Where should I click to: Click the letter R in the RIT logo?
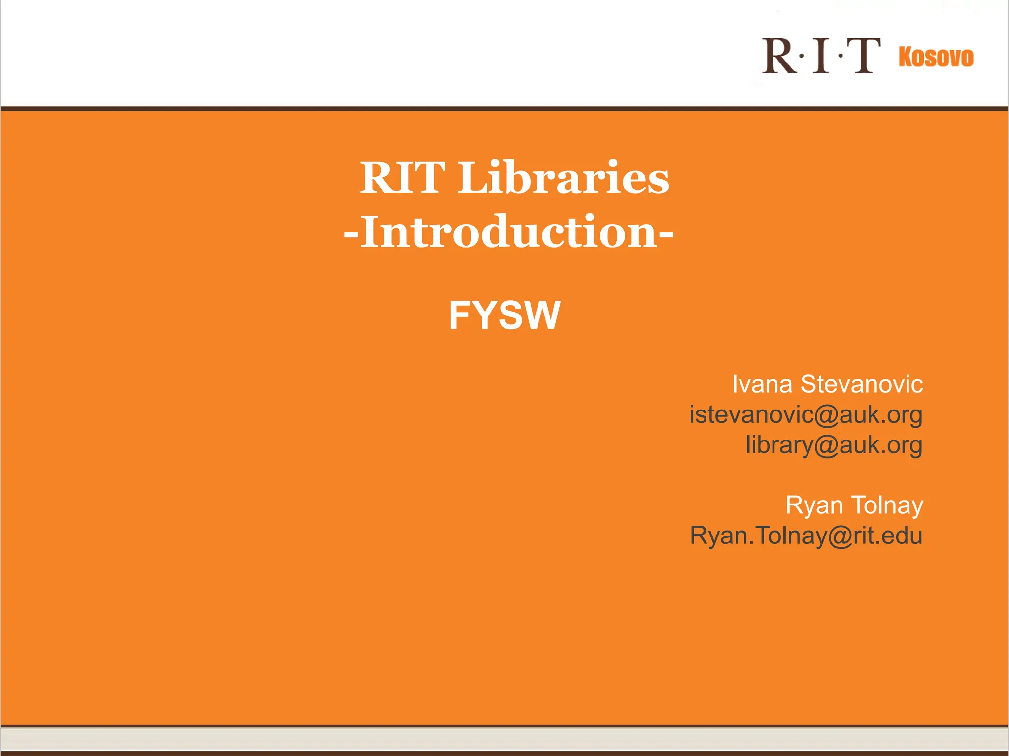click(x=778, y=56)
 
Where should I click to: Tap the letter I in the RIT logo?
click(x=821, y=56)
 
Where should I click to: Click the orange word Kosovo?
click(x=936, y=57)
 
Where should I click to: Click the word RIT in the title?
click(x=402, y=178)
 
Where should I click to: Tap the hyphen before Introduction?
click(x=351, y=234)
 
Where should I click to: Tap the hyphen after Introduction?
click(x=666, y=234)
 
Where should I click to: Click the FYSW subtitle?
click(x=504, y=315)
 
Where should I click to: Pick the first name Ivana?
click(x=762, y=384)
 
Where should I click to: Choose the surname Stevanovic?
click(x=861, y=384)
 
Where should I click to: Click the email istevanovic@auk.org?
click(x=806, y=415)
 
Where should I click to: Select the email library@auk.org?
click(x=834, y=445)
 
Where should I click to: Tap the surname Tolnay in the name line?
click(x=887, y=505)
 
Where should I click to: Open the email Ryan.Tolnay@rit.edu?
click(x=806, y=536)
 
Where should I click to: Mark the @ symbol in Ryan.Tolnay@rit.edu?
click(x=840, y=536)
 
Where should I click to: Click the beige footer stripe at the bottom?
click(x=504, y=739)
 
